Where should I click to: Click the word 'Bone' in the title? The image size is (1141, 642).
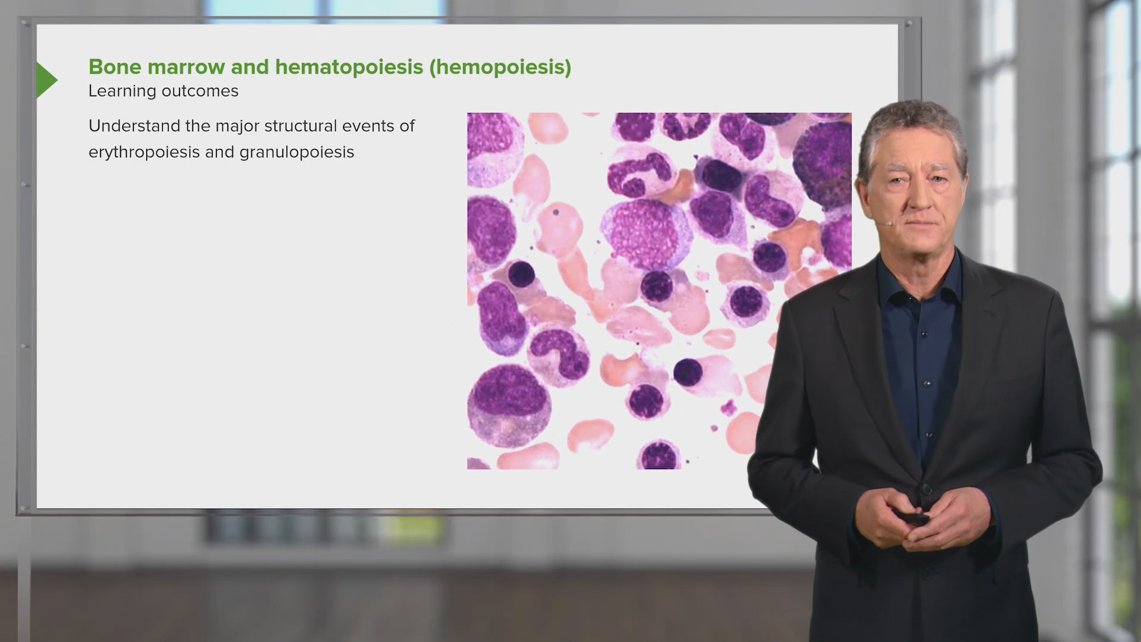(115, 67)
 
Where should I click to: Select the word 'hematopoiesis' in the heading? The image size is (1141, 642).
(349, 67)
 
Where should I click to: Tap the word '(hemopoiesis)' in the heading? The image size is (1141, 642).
(500, 67)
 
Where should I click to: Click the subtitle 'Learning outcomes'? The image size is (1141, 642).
(163, 91)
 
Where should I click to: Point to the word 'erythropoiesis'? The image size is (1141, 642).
(144, 152)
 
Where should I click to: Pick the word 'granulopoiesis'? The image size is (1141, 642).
(297, 152)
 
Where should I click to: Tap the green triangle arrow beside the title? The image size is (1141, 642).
(46, 80)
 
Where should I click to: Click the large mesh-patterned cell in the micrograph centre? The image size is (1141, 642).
(646, 233)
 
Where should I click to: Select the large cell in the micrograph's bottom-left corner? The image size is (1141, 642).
(509, 404)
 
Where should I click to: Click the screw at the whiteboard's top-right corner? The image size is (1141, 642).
(908, 24)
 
